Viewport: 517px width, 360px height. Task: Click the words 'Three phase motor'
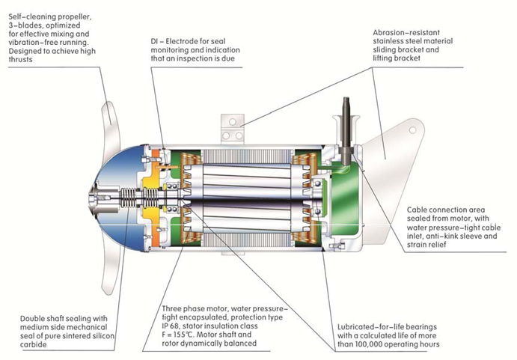[x=198, y=308]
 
